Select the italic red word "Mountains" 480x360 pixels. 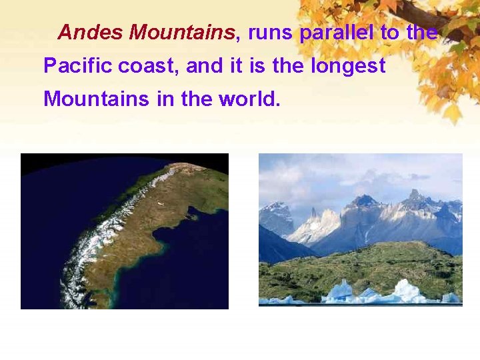point(182,32)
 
